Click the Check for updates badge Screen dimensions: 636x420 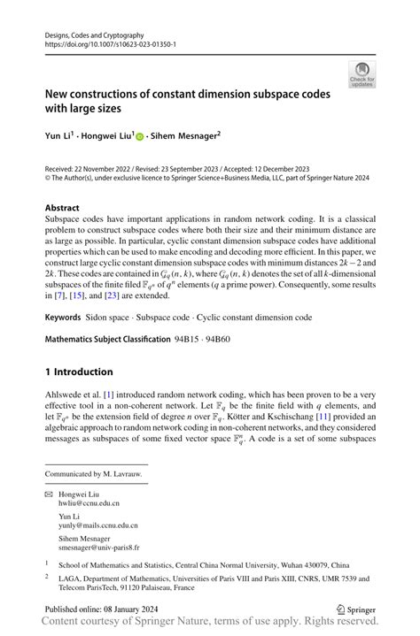click(x=362, y=74)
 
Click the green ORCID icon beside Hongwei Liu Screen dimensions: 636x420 click(x=139, y=137)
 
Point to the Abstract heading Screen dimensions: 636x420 click(x=62, y=208)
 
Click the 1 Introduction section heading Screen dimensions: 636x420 click(x=79, y=372)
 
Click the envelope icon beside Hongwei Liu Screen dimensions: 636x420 click(x=49, y=494)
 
